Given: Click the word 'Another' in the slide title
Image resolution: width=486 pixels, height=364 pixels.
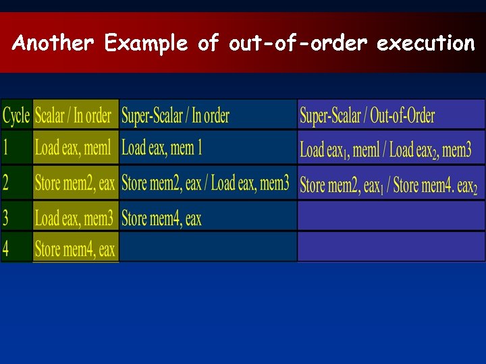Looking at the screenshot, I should click(x=53, y=44).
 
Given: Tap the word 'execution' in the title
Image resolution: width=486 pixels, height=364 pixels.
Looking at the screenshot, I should click(x=426, y=44).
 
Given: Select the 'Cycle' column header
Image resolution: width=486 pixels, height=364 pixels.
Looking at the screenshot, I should click(x=16, y=115).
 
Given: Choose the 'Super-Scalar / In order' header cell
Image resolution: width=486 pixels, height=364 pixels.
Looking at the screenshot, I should click(x=175, y=116).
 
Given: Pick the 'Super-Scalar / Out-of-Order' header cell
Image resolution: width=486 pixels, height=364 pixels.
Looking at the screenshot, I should click(x=367, y=116).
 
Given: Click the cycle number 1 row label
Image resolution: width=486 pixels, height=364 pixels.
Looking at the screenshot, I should click(x=6, y=148).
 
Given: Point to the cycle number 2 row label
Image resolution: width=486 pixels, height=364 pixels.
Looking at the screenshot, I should click(x=6, y=183).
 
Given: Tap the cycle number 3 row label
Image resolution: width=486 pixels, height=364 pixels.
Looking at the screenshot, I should click(x=6, y=218).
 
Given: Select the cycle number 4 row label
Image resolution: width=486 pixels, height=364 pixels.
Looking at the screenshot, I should click(x=6, y=249).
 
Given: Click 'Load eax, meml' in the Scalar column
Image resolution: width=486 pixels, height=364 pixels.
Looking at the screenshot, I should click(x=73, y=148).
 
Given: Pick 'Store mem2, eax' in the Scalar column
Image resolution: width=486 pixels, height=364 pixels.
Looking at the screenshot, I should click(x=75, y=183).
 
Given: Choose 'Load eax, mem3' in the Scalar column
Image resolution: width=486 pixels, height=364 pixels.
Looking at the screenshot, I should click(x=74, y=218).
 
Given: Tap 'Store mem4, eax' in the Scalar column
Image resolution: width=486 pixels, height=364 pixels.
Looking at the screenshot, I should click(x=75, y=249).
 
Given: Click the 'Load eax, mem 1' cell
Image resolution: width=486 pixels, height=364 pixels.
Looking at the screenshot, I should click(x=162, y=148).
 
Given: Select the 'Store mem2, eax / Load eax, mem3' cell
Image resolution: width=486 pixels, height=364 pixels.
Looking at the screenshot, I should click(x=205, y=183).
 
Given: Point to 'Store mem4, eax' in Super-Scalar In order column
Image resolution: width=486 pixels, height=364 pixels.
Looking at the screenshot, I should click(x=161, y=218).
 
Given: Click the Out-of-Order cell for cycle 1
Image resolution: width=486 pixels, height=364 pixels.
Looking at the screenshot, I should click(x=385, y=150).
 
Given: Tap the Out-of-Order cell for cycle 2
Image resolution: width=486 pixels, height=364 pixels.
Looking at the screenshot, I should click(x=388, y=184).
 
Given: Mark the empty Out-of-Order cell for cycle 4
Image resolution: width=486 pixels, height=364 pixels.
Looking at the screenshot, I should click(x=391, y=247).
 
